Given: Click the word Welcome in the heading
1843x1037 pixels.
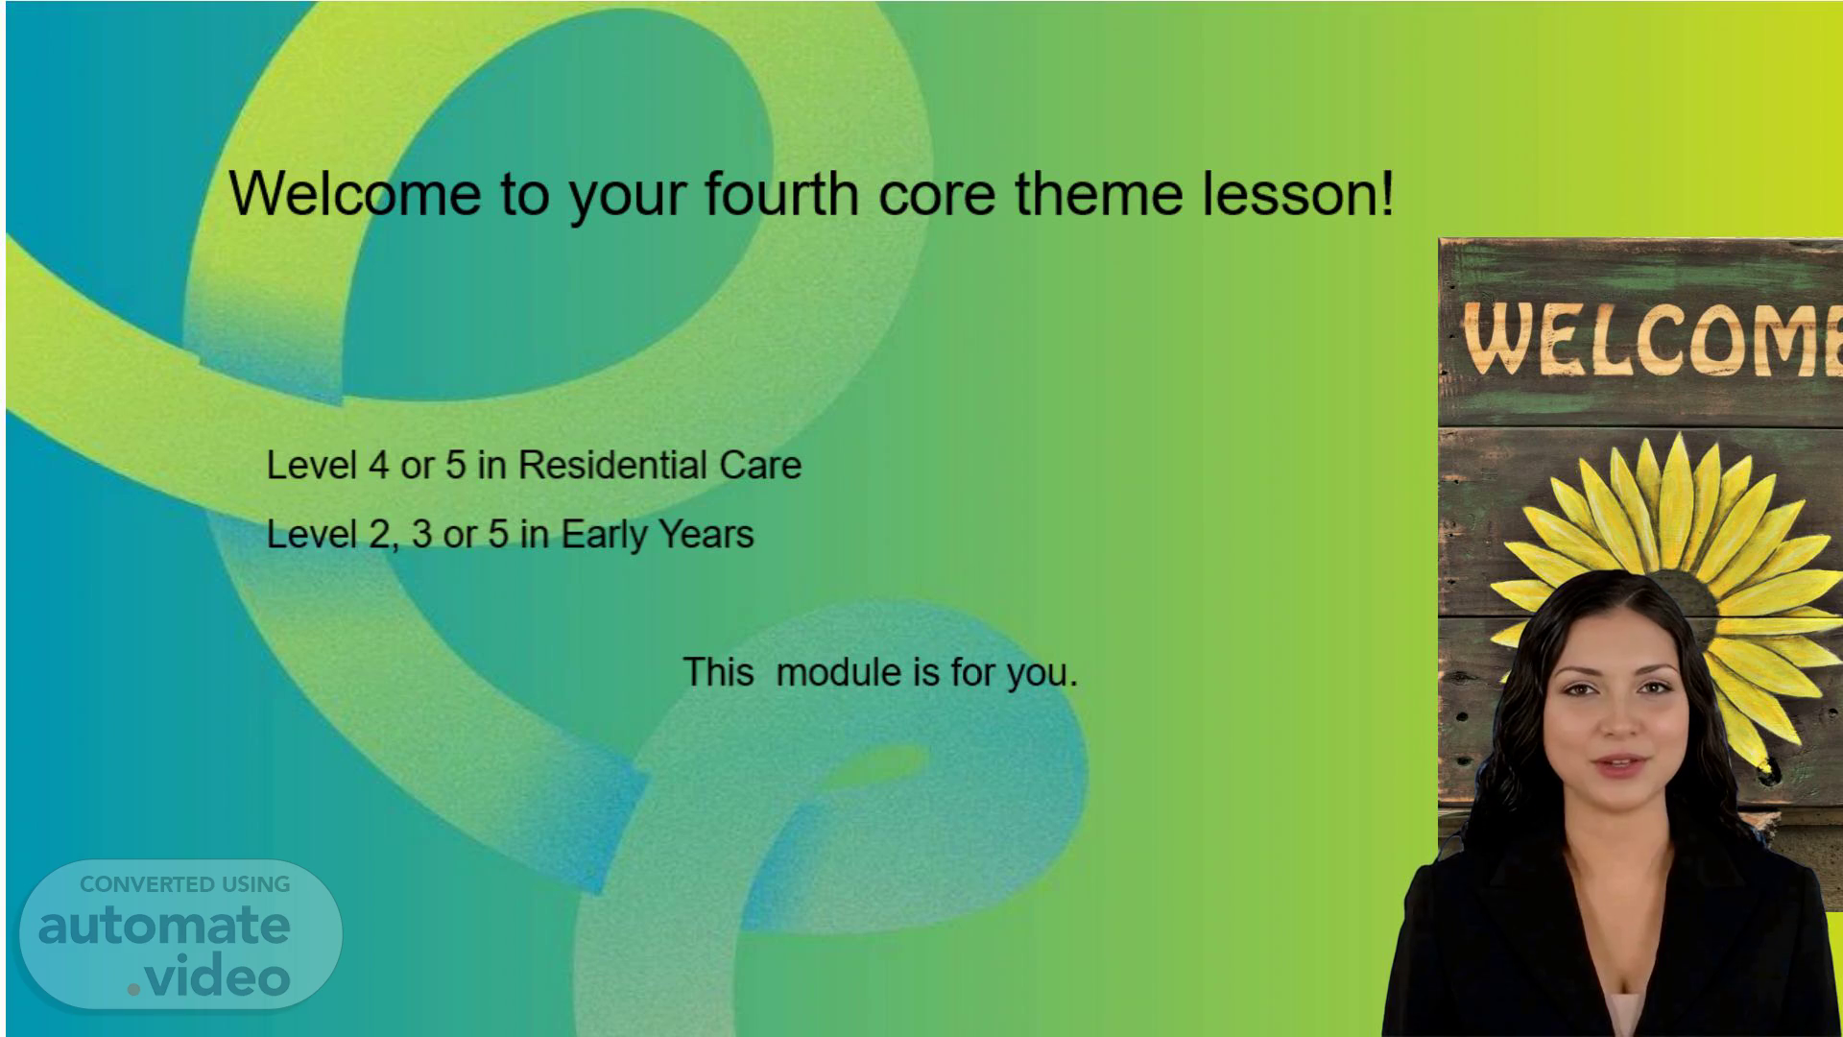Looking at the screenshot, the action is click(355, 193).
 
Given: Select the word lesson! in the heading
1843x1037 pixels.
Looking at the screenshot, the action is click(1298, 193).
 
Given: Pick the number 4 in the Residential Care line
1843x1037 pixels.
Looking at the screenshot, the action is click(378, 466).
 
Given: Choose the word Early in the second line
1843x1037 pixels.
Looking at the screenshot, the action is click(599, 534).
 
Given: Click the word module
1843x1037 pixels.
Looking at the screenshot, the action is click(838, 672).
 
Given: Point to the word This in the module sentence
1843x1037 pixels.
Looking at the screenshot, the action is click(718, 672).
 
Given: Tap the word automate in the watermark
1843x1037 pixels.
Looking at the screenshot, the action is click(164, 927).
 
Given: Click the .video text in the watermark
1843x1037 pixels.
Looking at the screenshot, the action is click(208, 977).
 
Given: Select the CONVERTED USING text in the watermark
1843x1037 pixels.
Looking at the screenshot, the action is click(185, 884).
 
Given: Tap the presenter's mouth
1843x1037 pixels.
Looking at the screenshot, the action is click(1619, 765).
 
